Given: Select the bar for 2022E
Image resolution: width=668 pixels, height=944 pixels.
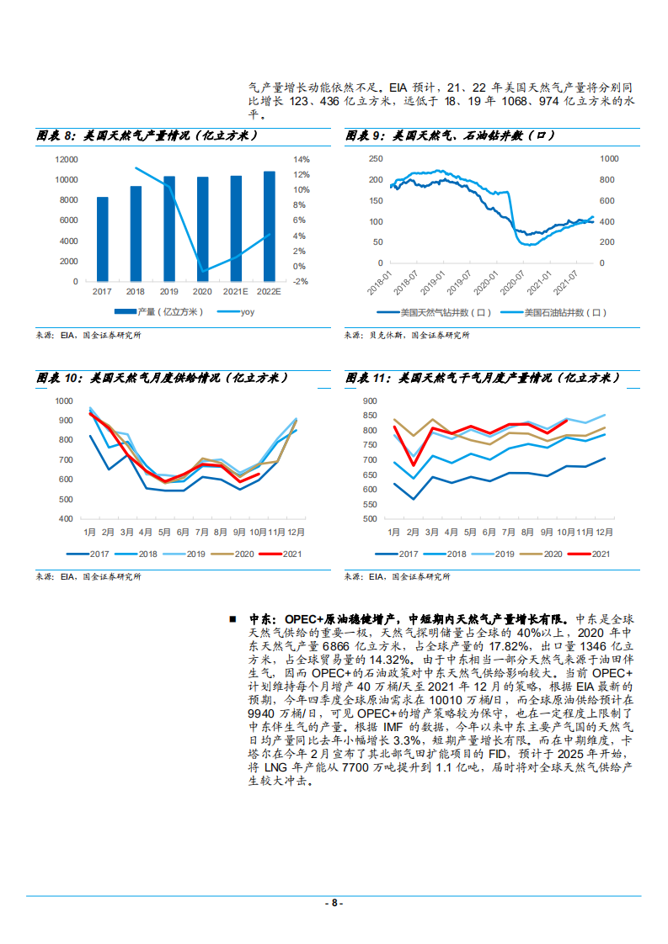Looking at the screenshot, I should [269, 226].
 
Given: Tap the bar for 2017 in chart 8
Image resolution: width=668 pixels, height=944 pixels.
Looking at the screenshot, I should [103, 239].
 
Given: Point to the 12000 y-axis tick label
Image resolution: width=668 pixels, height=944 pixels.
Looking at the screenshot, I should [67, 159].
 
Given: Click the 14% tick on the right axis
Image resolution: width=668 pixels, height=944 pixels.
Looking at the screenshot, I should [302, 159].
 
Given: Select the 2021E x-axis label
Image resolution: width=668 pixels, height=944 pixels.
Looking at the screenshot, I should [236, 291].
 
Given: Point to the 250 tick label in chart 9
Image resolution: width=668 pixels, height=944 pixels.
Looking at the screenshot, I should [375, 158].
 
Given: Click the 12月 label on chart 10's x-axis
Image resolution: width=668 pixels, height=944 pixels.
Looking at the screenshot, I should [295, 533].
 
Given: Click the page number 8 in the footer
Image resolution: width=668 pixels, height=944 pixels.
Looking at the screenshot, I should [334, 903].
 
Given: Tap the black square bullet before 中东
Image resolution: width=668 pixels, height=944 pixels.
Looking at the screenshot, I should [232, 618].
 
